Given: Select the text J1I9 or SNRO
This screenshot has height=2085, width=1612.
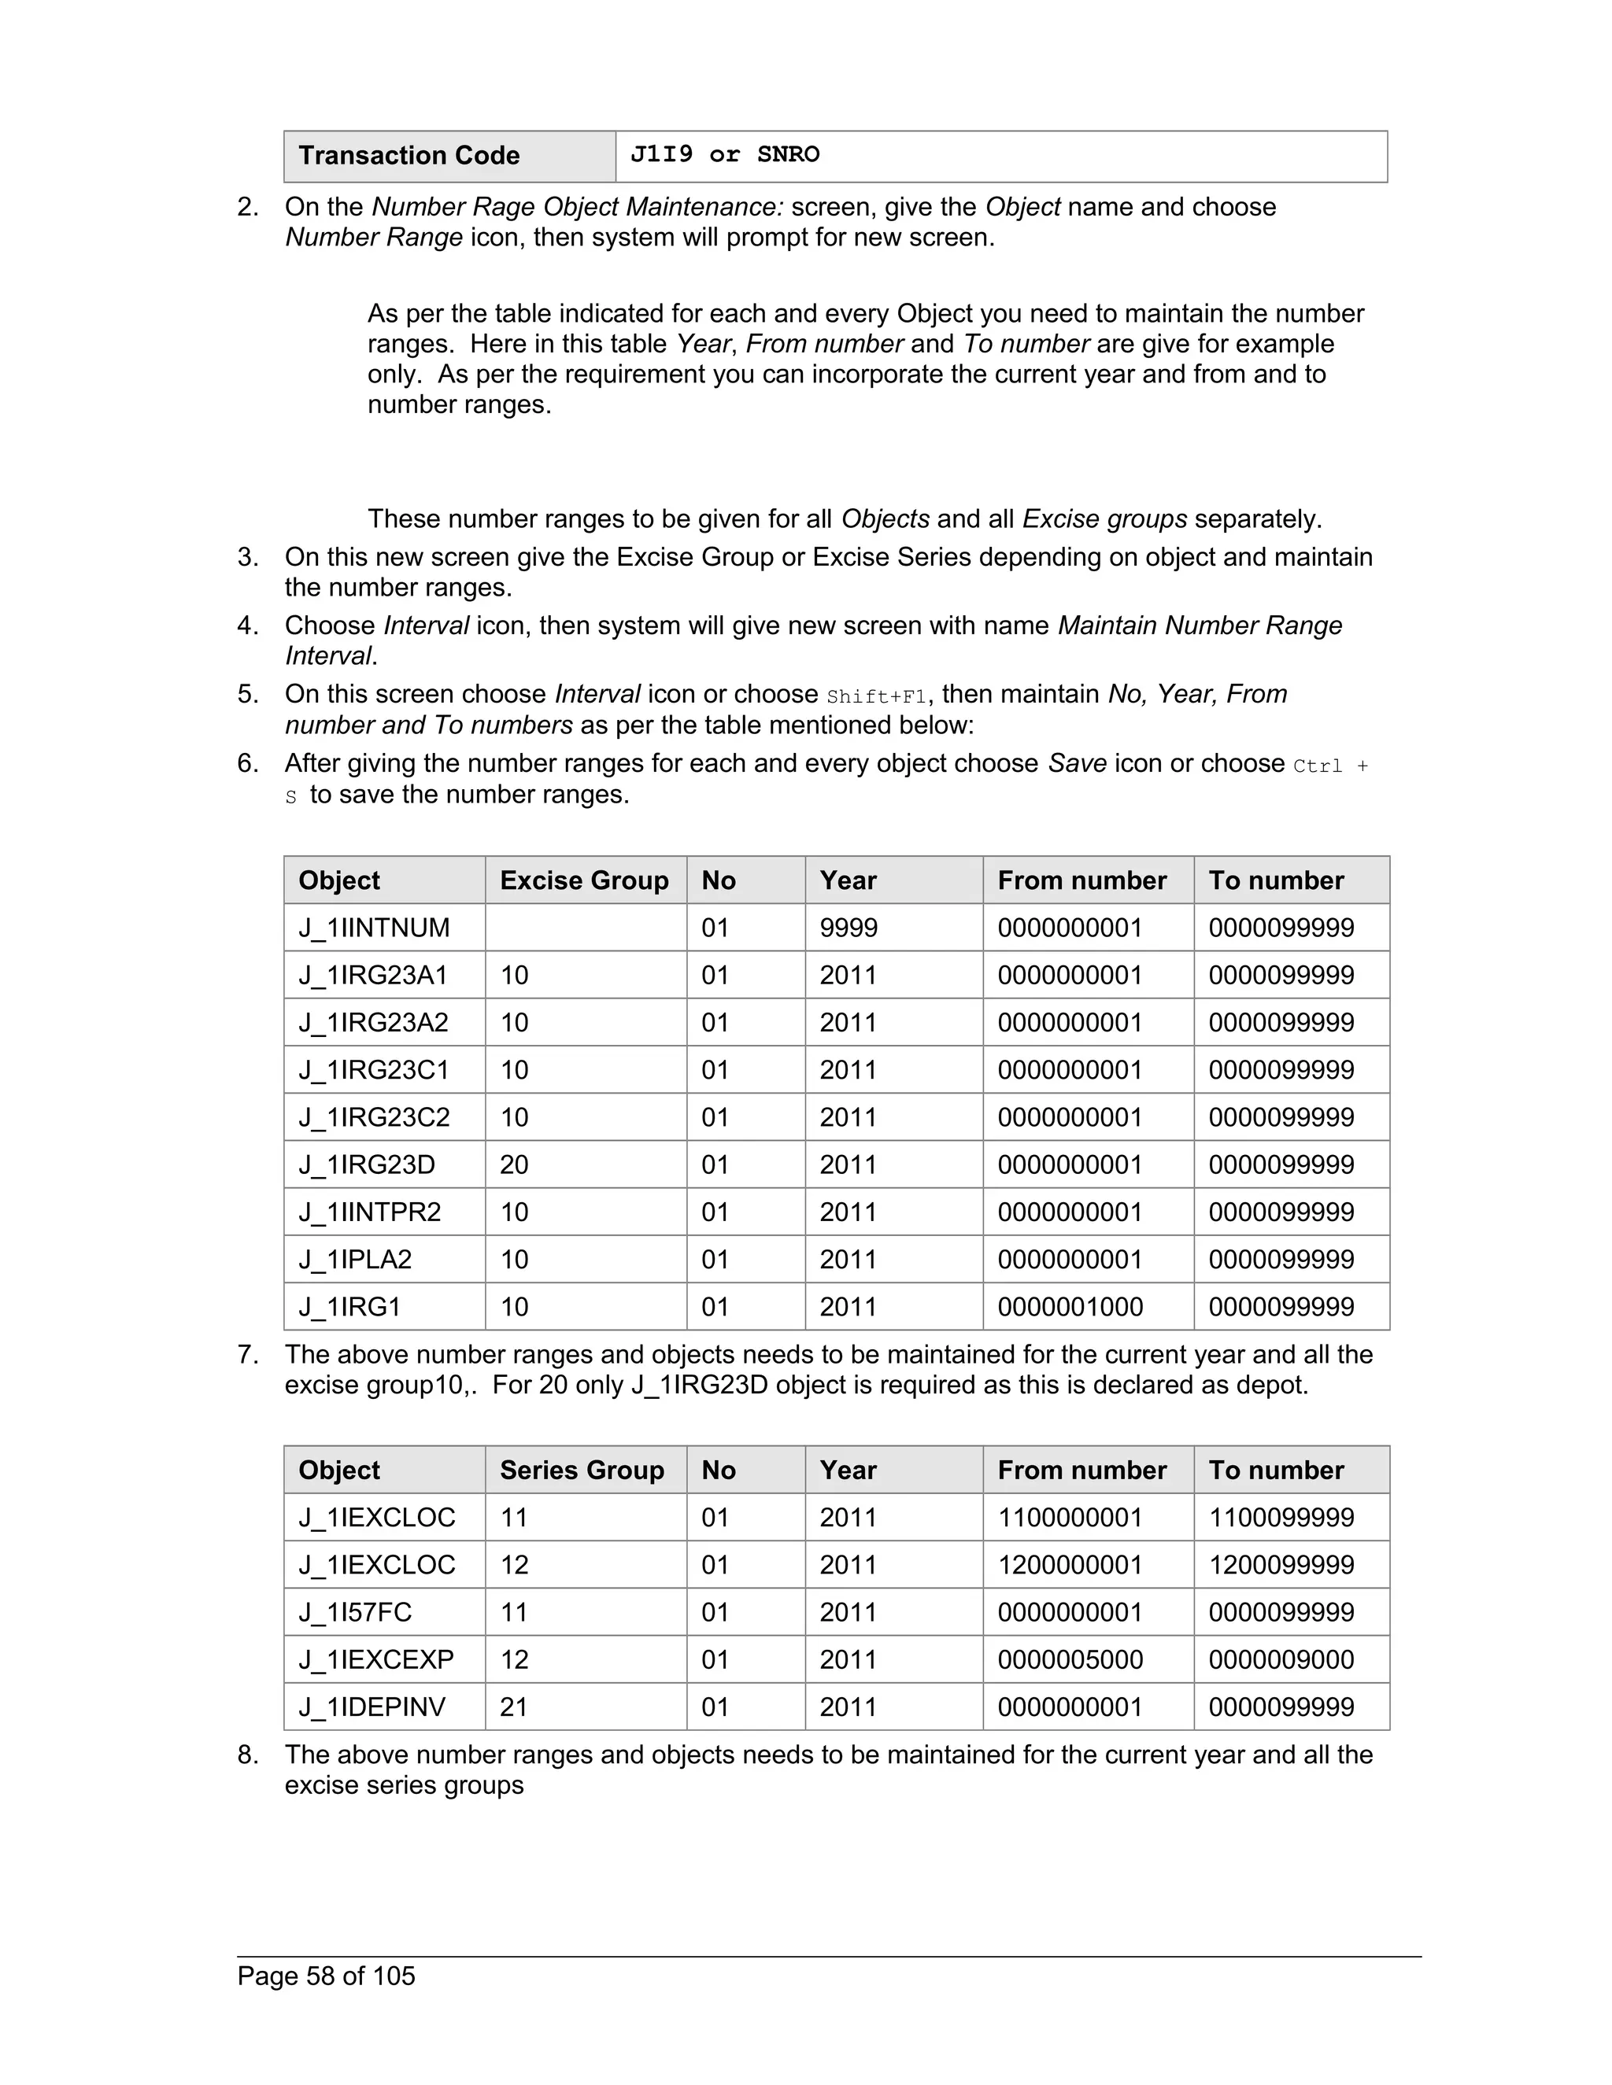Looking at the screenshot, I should pos(724,155).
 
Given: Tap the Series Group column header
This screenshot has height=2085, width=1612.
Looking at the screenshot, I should pos(582,1471).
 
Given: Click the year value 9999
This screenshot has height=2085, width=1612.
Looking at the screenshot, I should pos(848,928).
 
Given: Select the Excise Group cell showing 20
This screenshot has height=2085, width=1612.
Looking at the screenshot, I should pos(514,1164).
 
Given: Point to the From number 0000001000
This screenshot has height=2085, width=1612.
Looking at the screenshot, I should pos(1070,1307).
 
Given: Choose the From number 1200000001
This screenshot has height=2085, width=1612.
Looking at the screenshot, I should pos(1070,1565).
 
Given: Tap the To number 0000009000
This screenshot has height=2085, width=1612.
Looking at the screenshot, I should pos(1281,1659).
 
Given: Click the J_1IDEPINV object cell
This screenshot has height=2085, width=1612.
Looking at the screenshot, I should pos(372,1707).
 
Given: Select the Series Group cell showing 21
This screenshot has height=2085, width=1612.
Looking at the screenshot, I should pos(514,1707).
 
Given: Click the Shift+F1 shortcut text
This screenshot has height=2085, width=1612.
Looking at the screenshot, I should pos(877,697).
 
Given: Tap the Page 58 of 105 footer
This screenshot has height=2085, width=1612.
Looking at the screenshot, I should pos(326,1976).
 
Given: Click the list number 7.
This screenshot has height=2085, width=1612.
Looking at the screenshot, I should pos(246,1355).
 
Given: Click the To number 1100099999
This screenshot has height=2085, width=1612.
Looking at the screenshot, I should pos(1281,1518).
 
